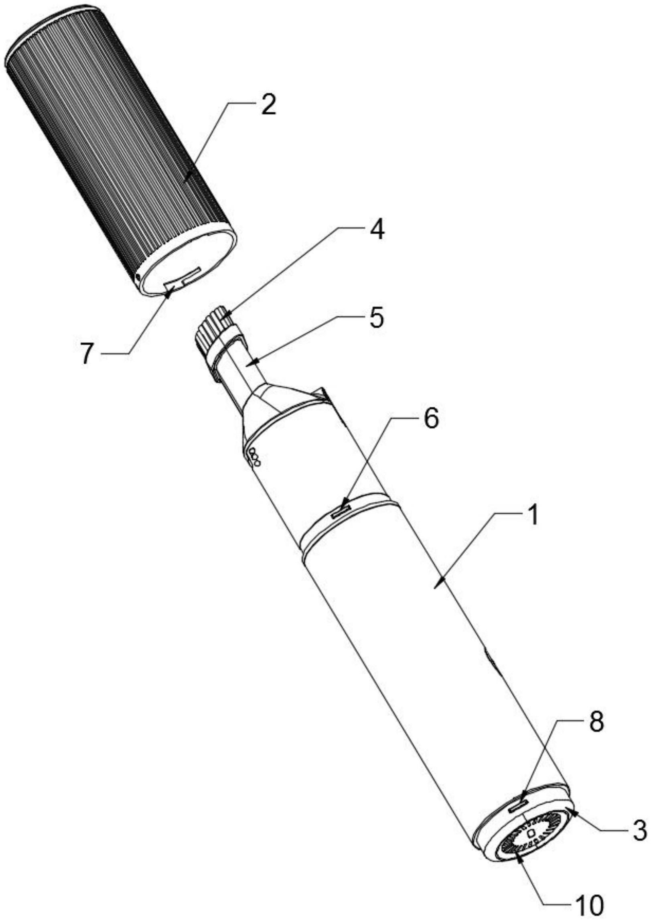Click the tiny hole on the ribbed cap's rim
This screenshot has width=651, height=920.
(138, 277)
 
